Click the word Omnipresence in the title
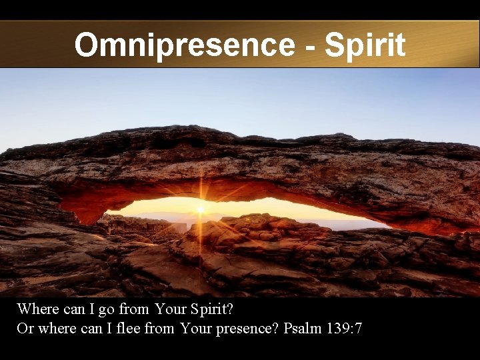click(183, 45)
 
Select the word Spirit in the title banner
click(365, 45)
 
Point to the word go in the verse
click(107, 310)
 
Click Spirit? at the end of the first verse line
click(212, 310)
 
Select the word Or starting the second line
click(25, 329)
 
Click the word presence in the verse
click(246, 329)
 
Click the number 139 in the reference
click(338, 329)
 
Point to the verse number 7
click(359, 329)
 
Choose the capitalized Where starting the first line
click(37, 310)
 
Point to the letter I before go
click(90, 310)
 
